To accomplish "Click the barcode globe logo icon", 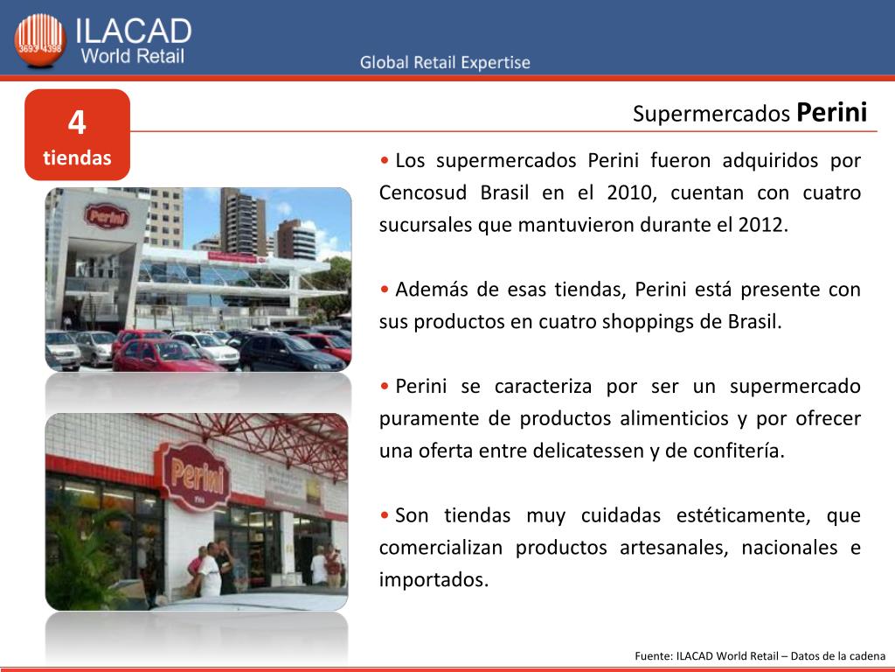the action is pos(40,40).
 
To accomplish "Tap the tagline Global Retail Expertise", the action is pos(445,62).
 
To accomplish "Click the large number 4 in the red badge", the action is pos(77,122).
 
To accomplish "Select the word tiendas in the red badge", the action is pos(77,157).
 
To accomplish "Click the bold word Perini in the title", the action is pos(832,112).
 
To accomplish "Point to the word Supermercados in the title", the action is pos(711,114).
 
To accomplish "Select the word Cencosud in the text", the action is pos(423,192).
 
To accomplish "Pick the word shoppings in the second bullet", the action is pos(648,322).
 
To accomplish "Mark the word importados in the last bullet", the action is pos(434,580).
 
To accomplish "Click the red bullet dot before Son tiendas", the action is pos(385,515).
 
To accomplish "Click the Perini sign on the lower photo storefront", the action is pos(196,476).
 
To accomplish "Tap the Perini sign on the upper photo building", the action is pos(107,217).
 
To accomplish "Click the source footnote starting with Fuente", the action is pos(760,656).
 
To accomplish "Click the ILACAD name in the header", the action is pos(134,31).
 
